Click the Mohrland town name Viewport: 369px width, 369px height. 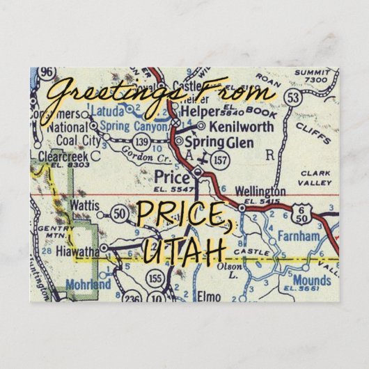[88, 285]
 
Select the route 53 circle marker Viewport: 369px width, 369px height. [272, 95]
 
